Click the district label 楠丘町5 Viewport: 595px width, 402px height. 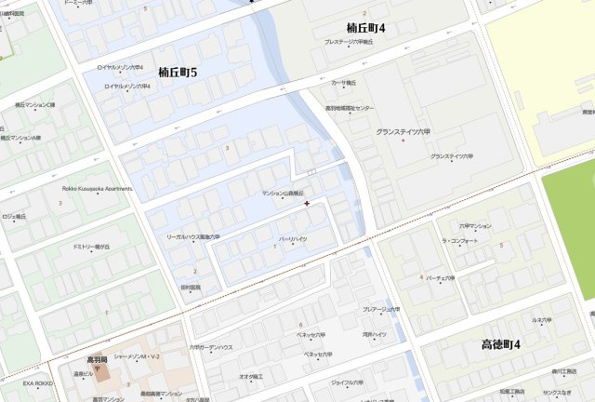coord(178,72)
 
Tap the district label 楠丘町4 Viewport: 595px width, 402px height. coord(366,28)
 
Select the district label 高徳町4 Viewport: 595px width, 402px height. coord(501,344)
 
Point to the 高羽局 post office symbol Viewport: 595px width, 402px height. coord(97,370)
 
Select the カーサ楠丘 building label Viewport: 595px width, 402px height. coord(343,83)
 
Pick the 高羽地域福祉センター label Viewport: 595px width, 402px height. coord(349,108)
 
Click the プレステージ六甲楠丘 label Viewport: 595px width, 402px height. coord(349,42)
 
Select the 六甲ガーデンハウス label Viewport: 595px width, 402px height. coord(211,347)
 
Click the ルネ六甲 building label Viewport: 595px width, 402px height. coord(542,320)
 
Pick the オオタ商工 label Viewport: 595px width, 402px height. coord(251,377)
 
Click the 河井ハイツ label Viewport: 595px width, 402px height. coord(374,334)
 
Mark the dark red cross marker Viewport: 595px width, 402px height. coord(307,203)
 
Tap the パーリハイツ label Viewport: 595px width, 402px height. coord(293,239)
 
